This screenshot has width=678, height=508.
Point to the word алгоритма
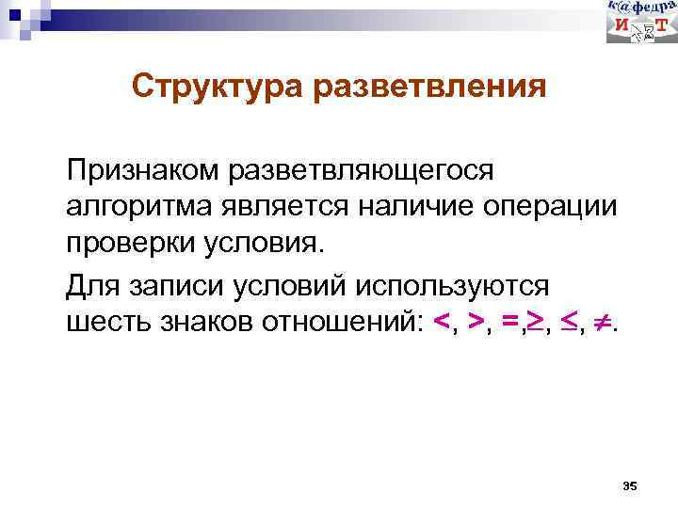[x=136, y=206]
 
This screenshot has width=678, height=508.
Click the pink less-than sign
[x=442, y=323]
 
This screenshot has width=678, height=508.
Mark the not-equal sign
[x=605, y=322]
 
